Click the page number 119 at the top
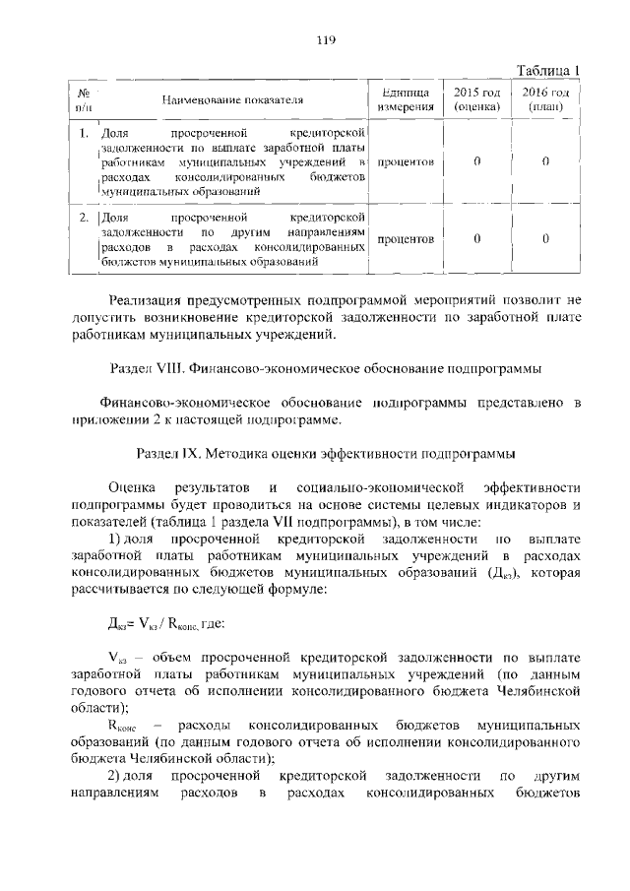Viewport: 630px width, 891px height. pos(327,40)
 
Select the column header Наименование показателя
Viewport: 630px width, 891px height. pos(232,100)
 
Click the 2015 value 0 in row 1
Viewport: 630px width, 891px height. pos(476,160)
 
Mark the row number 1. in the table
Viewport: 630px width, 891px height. pos(85,131)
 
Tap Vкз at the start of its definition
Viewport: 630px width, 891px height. pos(116,657)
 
